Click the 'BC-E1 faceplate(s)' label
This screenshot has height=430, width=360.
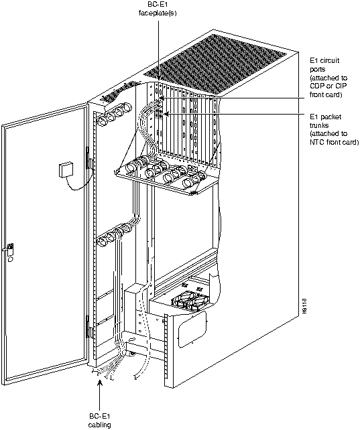click(158, 9)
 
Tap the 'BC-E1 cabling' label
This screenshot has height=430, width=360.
click(99, 420)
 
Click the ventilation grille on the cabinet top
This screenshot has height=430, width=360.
click(216, 65)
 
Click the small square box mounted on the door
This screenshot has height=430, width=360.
click(66, 170)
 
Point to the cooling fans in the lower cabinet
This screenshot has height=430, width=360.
click(190, 301)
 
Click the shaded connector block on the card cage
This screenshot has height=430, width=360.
click(158, 114)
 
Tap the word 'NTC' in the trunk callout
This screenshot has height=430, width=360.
click(316, 142)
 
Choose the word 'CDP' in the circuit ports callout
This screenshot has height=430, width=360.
click(316, 86)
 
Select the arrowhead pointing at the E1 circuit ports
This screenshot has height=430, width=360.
click(162, 98)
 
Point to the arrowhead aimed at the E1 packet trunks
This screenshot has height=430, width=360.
click(166, 113)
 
